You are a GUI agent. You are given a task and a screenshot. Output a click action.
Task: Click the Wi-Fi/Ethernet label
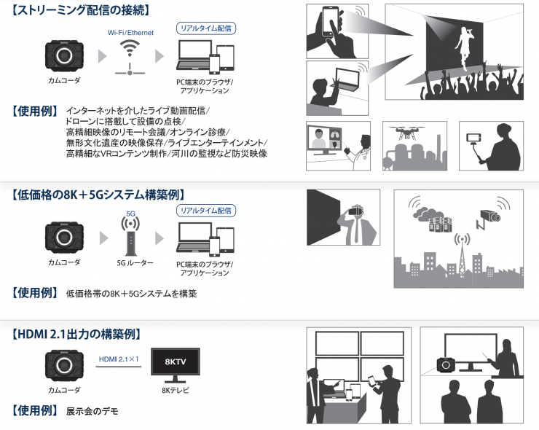click(130, 33)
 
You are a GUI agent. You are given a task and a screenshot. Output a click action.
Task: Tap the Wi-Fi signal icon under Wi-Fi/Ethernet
click(130, 48)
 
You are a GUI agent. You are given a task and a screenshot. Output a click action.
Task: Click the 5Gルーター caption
click(135, 263)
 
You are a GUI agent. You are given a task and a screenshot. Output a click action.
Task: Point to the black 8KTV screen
click(176, 361)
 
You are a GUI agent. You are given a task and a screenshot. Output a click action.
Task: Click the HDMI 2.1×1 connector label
click(119, 359)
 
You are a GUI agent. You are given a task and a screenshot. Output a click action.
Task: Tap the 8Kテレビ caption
click(176, 391)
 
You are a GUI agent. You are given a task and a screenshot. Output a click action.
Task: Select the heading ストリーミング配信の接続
click(81, 10)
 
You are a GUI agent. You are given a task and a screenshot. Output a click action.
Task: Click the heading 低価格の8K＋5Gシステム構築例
click(98, 195)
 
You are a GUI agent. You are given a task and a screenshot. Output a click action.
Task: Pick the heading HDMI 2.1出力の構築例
click(76, 334)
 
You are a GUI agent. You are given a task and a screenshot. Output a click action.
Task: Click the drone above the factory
click(407, 133)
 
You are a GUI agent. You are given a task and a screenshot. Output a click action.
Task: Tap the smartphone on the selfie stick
click(473, 138)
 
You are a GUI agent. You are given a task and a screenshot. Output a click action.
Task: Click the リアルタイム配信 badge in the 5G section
click(206, 211)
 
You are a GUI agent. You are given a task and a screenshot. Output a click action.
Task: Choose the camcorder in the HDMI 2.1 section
click(64, 366)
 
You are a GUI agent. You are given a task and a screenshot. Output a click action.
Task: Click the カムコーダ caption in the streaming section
click(64, 80)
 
